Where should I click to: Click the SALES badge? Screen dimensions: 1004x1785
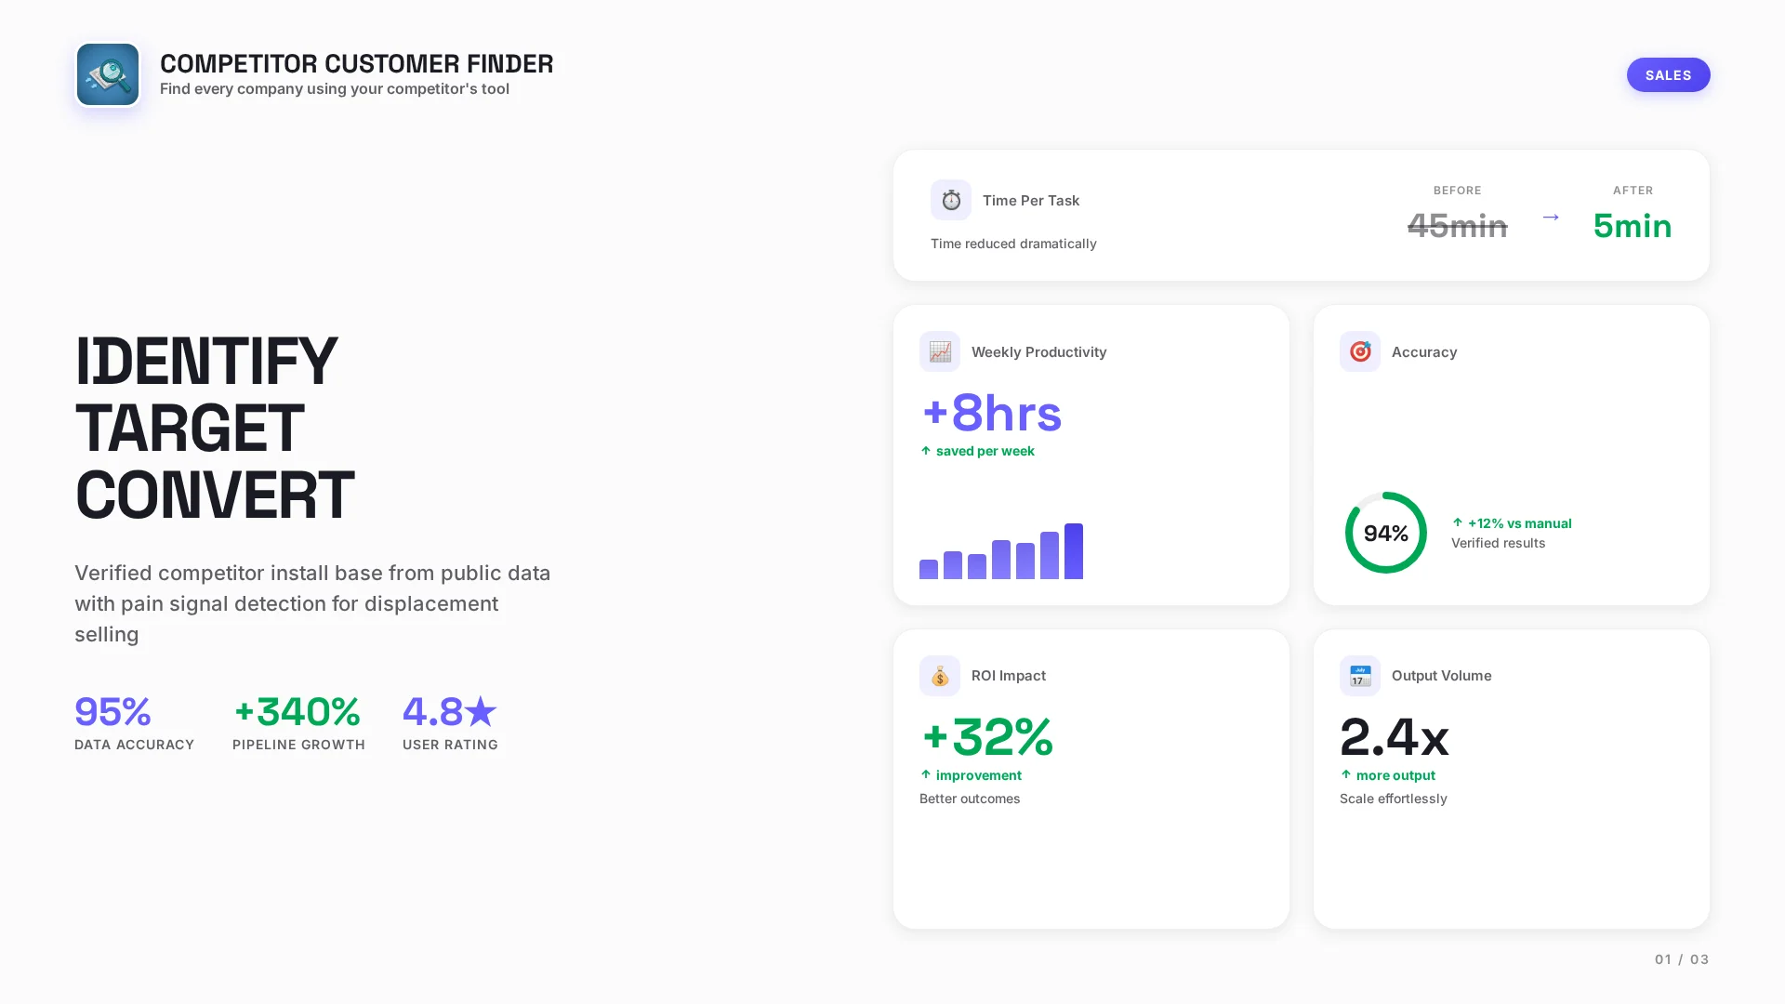click(x=1668, y=75)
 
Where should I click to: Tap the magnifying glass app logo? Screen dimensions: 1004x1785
click(x=108, y=75)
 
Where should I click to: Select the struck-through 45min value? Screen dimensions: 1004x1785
click(x=1457, y=226)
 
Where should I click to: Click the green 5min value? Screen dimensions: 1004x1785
click(x=1632, y=226)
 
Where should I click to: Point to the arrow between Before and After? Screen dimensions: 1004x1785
click(x=1551, y=218)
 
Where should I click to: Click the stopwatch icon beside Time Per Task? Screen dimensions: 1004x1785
click(x=951, y=200)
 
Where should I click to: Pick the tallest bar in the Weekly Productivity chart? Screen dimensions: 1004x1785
click(x=1074, y=551)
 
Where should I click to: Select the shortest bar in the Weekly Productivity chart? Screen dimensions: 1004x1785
click(x=929, y=569)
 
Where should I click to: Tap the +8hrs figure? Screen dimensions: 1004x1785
click(x=991, y=413)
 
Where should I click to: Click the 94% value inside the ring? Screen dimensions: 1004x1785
click(x=1385, y=534)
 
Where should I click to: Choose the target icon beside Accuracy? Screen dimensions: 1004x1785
click(x=1360, y=351)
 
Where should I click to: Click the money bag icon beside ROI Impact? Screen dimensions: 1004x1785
click(x=940, y=676)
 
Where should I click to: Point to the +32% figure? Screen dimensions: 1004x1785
click(x=987, y=737)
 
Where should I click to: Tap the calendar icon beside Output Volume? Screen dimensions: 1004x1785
click(x=1360, y=676)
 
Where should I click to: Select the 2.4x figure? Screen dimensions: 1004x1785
click(x=1394, y=737)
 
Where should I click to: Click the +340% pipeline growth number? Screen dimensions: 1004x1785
click(x=297, y=712)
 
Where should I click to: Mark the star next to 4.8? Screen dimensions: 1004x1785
click(x=481, y=712)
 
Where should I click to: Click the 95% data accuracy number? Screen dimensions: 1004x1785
click(x=112, y=712)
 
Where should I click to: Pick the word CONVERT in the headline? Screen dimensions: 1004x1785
click(x=215, y=495)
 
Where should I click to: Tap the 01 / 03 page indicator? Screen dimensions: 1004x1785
click(x=1681, y=959)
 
